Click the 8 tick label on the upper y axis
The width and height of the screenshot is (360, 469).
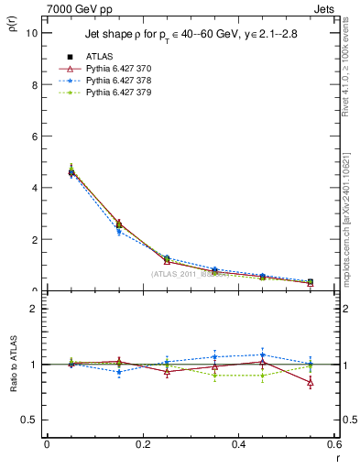(35, 84)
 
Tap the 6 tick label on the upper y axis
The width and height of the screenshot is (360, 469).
(35, 136)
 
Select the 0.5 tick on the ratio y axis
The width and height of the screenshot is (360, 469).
(30, 420)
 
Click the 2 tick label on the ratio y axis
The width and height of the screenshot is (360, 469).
(35, 309)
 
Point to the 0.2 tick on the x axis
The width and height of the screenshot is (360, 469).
(142, 444)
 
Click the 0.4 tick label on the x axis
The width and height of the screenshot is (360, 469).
(238, 444)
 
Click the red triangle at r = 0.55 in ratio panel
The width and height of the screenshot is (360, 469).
(311, 383)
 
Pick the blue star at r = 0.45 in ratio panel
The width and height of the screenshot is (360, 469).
(262, 354)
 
